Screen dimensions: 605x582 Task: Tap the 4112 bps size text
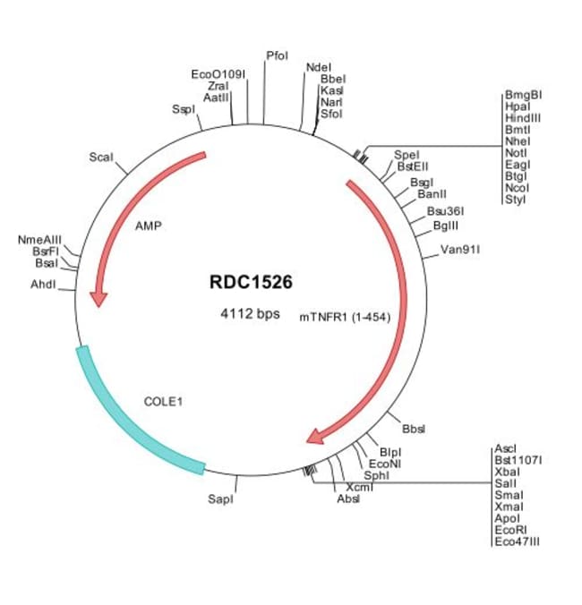tap(251, 314)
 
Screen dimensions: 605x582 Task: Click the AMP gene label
tap(148, 226)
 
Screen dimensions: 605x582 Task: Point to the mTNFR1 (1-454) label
tap(345, 315)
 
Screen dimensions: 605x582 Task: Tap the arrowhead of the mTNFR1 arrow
tap(314, 437)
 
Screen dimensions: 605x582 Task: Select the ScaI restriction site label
tap(101, 158)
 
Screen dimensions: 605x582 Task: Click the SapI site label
tap(220, 498)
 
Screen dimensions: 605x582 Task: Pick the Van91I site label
tap(461, 249)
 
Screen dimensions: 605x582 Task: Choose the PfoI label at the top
tap(278, 55)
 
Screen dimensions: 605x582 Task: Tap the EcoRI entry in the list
tap(509, 530)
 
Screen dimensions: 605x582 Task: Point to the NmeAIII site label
tap(39, 240)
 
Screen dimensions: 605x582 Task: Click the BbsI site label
tap(414, 430)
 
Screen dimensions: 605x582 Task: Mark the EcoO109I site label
tap(218, 73)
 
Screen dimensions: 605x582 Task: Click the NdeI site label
tap(318, 67)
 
